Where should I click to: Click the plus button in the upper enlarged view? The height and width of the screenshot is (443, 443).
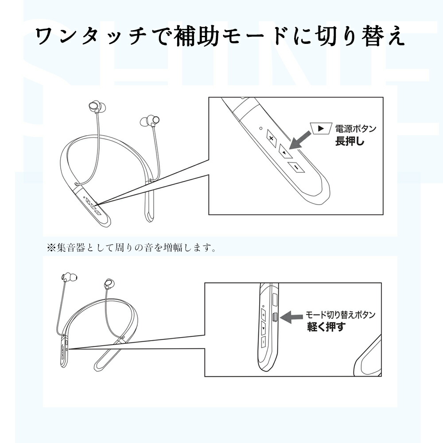coord(271,137)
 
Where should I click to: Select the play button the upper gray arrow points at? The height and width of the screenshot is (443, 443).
coord(284,152)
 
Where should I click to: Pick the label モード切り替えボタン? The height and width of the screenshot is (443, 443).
coord(341,315)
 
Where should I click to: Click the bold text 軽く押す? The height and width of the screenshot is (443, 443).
coord(326,327)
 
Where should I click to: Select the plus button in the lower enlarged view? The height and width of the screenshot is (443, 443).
coord(263,315)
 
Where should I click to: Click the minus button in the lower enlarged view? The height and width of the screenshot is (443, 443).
coord(263,342)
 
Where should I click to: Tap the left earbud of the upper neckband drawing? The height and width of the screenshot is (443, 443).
coord(94,108)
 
